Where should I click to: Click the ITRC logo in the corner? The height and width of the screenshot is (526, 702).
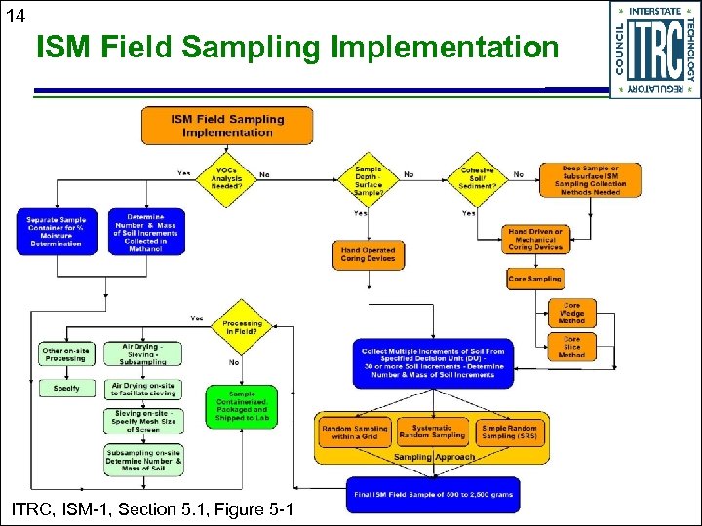coord(653,50)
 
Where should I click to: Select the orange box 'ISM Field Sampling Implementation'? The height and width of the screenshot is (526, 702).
coord(227,126)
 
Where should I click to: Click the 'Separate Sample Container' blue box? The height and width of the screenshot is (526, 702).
coord(56,232)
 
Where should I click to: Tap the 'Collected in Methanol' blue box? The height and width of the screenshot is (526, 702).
coord(144,232)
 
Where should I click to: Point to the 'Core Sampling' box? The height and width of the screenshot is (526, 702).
coord(534,279)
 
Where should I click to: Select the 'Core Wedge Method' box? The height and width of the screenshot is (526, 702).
coord(571,313)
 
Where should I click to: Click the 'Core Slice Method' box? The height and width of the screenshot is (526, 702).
coord(571,347)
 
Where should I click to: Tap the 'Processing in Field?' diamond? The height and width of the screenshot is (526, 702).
coord(242,326)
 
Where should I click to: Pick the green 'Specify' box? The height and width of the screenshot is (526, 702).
coord(66,389)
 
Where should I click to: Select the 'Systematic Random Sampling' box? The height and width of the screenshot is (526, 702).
coord(432,432)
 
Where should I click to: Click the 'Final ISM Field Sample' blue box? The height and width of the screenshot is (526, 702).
coord(433,494)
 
